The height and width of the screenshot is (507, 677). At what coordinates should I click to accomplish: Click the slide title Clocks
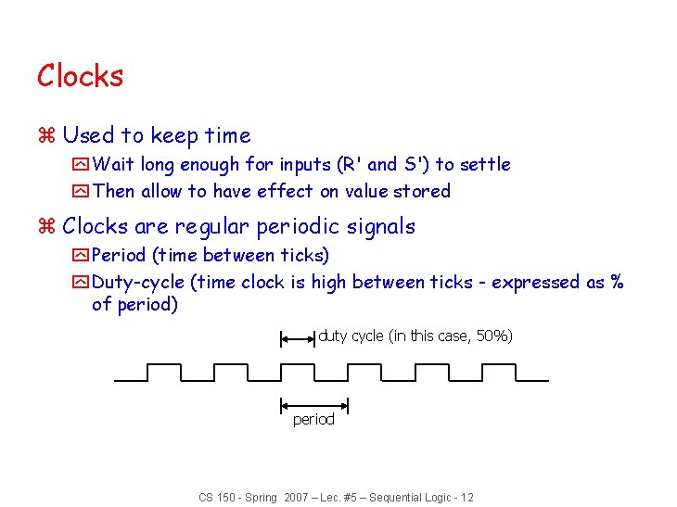pyautogui.click(x=80, y=75)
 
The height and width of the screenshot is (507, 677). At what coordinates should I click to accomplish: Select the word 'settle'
pyautogui.click(x=485, y=164)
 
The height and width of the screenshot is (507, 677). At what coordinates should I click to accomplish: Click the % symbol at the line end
pyautogui.click(x=617, y=282)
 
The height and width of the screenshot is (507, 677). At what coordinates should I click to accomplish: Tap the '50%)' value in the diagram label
pyautogui.click(x=494, y=336)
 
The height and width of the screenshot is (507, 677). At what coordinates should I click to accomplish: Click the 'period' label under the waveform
pyautogui.click(x=313, y=420)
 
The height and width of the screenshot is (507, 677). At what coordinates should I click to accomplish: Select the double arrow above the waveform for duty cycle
pyautogui.click(x=298, y=339)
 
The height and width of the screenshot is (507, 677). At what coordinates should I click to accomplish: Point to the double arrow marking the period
pyautogui.click(x=313, y=404)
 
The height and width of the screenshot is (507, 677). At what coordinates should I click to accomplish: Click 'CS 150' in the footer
pyautogui.click(x=219, y=498)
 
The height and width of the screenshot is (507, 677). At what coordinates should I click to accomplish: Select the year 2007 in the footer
pyautogui.click(x=297, y=498)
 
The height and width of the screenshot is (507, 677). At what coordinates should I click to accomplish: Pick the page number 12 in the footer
pyautogui.click(x=466, y=498)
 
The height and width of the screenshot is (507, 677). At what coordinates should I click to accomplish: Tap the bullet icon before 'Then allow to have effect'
pyautogui.click(x=81, y=192)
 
